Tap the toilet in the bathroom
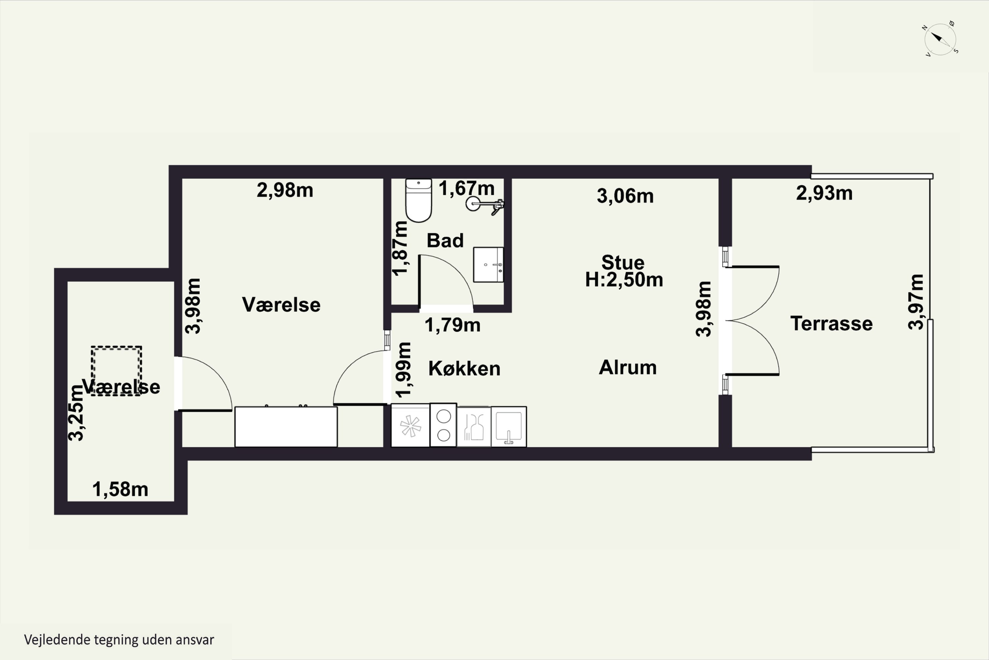pos(418,200)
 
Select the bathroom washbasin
pos(488,264)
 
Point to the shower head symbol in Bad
pos(485,205)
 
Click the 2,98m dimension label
pos(285,190)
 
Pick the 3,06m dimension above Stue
pos(625,196)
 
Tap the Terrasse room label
pos(831,324)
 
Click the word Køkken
pos(464,369)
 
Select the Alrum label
pos(627,368)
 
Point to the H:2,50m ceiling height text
pos(624,280)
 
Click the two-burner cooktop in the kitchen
pos(443,425)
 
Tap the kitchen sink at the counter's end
pos(509,426)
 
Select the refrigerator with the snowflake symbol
pos(410,425)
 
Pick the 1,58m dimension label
pos(120,489)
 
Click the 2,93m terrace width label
pos(824,193)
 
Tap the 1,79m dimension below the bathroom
pos(452,325)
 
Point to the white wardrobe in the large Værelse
pos(286,426)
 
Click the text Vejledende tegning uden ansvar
pos(119,640)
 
